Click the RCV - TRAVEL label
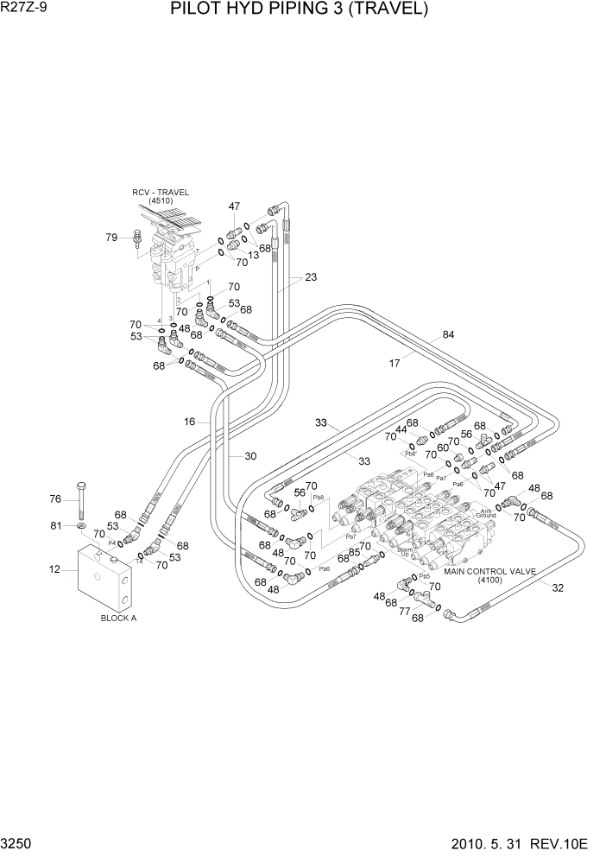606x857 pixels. [161, 192]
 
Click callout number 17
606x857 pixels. [395, 364]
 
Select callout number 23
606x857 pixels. [311, 277]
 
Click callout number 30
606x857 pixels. [250, 456]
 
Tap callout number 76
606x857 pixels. [55, 498]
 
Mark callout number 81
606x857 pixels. [55, 525]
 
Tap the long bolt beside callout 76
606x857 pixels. [80, 498]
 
